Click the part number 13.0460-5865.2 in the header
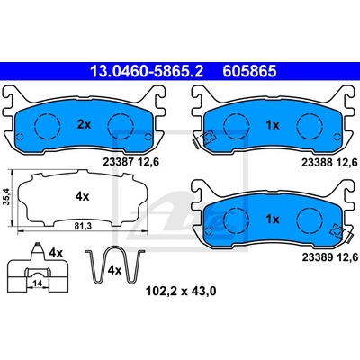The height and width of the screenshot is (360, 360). click(147, 71)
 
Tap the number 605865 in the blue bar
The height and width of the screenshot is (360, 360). click(249, 71)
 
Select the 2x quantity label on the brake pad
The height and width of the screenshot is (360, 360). click(84, 124)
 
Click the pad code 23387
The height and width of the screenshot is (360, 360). click(118, 162)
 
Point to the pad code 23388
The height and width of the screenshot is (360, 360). click(317, 162)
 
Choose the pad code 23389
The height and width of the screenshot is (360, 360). click(317, 257)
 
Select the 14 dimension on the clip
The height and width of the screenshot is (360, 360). click(37, 283)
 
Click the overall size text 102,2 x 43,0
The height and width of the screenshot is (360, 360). click(181, 291)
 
